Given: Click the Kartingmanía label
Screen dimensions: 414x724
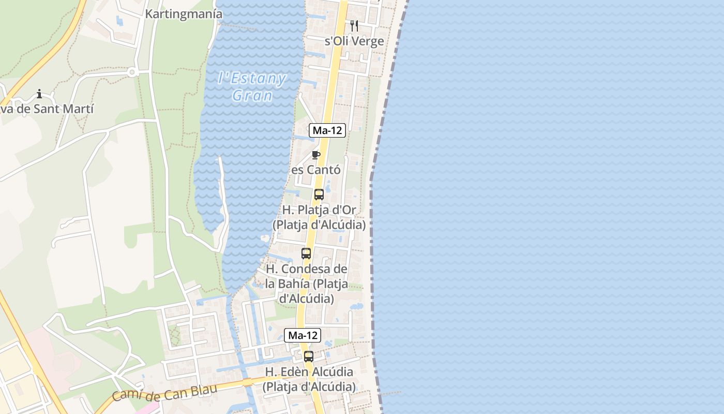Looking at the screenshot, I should coord(184,14).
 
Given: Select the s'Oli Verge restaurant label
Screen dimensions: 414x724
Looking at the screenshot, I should coord(354,41).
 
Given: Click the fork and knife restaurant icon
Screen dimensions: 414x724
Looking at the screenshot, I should coord(354,25).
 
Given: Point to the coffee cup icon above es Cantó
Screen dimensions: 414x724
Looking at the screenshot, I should coord(316,155).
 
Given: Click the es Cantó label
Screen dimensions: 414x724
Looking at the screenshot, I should coord(316,170).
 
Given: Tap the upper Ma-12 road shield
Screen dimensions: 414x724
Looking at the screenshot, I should coord(327,130).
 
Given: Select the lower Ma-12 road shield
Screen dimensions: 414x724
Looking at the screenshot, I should coord(303,335).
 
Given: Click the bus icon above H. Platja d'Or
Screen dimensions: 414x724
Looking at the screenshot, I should coord(319,195).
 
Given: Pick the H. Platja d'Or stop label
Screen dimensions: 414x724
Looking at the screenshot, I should coord(319,217).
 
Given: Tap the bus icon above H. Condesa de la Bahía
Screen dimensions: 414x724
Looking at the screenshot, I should coord(306,254).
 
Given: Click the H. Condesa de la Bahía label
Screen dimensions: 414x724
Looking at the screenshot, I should coord(306,284).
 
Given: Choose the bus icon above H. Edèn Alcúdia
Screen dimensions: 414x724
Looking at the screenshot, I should coord(309,356).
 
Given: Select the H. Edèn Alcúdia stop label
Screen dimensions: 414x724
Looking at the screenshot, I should coord(309,379).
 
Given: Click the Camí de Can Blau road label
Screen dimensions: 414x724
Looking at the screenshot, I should coord(164,393).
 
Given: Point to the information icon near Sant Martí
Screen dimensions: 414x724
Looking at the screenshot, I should coord(39,94).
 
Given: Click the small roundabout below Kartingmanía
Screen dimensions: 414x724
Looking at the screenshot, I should coord(132,72).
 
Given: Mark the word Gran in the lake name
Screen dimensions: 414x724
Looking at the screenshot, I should coord(252,96).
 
